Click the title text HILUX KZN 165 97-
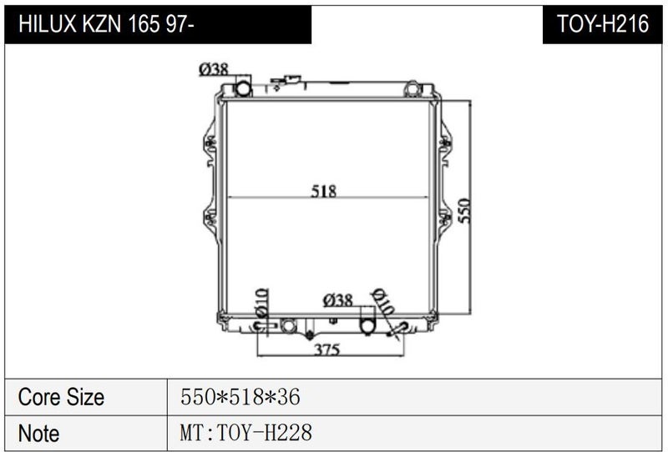pos(107,24)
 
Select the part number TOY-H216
pos(603,24)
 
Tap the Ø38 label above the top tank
pos(214,69)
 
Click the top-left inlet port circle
pos(244,88)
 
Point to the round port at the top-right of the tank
pos(412,89)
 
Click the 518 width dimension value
pos(324,191)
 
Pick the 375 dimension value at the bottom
pos(327,349)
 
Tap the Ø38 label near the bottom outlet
pos(338,300)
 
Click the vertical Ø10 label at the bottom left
pos(262,303)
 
